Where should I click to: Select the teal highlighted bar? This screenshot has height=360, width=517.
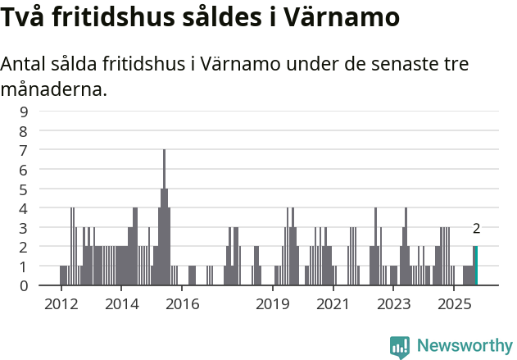(475, 266)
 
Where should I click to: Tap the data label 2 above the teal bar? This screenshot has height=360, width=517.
(476, 230)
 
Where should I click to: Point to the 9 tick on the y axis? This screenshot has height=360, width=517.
(24, 112)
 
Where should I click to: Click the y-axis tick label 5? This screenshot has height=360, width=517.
(24, 189)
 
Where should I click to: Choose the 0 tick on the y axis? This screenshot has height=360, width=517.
(24, 285)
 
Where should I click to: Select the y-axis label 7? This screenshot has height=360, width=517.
(24, 150)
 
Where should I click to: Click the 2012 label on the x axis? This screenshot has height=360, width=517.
(61, 304)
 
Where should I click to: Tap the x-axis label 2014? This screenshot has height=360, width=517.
(121, 304)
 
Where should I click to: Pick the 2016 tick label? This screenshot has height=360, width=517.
(182, 304)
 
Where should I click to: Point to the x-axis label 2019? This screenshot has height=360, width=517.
(273, 304)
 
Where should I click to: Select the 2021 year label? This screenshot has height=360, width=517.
(333, 304)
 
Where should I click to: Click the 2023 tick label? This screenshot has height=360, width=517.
(393, 304)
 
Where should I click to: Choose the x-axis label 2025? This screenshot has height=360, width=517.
(453, 304)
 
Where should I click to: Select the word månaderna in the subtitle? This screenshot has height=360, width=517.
(54, 89)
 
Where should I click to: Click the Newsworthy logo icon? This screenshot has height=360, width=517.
(400, 346)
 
